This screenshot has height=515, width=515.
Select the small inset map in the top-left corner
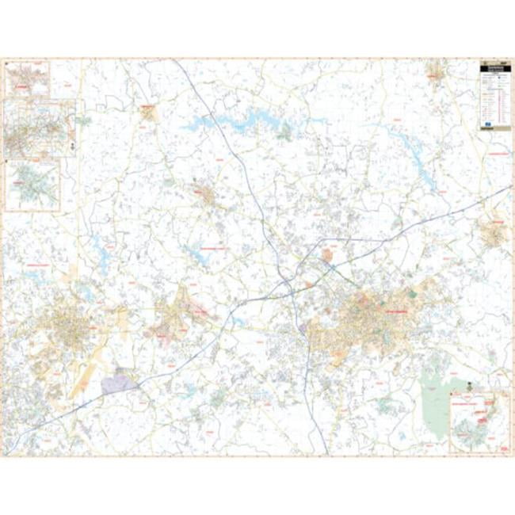click(27, 78)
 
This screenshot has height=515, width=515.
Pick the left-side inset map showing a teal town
click(32, 185)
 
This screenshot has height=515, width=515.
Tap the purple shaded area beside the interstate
click(119, 382)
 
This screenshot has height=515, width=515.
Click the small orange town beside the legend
click(435, 74)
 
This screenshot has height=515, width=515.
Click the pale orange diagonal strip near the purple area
click(87, 372)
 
